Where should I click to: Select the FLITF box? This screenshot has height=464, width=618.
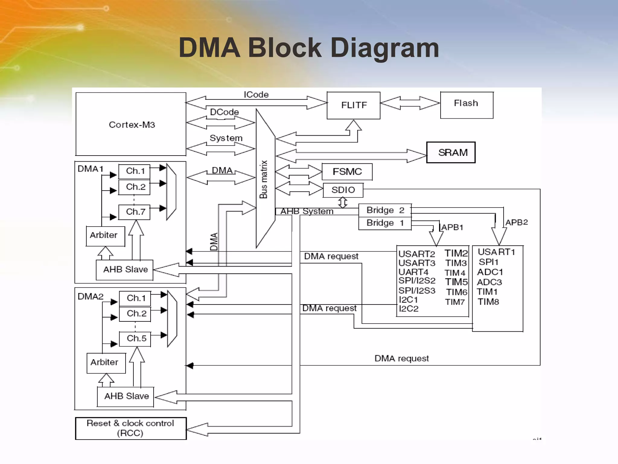click(x=353, y=105)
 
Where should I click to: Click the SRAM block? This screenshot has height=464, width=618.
click(x=451, y=153)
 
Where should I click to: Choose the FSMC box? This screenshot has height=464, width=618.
click(x=347, y=172)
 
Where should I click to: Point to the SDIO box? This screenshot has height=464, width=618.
click(x=343, y=190)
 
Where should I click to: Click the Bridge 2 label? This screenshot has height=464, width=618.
click(x=385, y=210)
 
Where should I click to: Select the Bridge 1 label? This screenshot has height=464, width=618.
click(x=385, y=223)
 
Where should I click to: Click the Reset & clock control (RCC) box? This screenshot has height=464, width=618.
click(x=131, y=428)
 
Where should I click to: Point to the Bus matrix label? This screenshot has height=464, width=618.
click(x=263, y=179)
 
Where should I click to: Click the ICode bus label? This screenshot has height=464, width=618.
click(x=256, y=95)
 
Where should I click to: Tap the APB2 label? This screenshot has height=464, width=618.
click(x=516, y=222)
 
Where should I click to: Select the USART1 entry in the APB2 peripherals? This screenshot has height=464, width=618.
click(x=496, y=252)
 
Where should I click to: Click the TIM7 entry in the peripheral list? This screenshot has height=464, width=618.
click(x=455, y=302)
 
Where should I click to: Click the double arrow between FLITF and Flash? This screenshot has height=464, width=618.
click(x=410, y=103)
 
